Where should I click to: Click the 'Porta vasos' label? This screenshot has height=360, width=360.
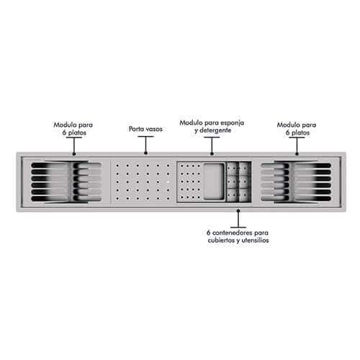(x=145, y=129)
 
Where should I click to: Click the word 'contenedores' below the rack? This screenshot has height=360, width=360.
(x=233, y=233)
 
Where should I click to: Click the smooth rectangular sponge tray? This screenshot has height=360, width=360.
(x=214, y=181)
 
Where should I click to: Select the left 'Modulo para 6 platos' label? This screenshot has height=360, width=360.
(x=73, y=129)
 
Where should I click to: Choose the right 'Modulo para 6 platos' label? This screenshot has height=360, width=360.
(x=297, y=129)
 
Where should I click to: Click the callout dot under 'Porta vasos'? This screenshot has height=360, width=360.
(x=145, y=153)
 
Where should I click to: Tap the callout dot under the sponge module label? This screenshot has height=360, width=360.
(x=212, y=153)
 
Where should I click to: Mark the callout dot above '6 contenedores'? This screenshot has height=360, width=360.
(x=238, y=211)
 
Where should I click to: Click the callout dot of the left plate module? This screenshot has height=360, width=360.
(x=74, y=154)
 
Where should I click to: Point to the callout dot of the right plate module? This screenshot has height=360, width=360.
(x=297, y=154)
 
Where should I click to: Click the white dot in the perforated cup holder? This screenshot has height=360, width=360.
(x=168, y=182)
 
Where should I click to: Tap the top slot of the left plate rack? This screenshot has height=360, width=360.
(x=66, y=166)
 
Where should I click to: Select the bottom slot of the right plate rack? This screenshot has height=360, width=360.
(x=296, y=199)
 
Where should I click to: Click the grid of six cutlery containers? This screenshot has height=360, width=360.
(x=238, y=181)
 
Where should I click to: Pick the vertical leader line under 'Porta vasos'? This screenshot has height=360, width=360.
(x=145, y=144)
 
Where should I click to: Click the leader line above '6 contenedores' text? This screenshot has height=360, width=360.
(x=238, y=220)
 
